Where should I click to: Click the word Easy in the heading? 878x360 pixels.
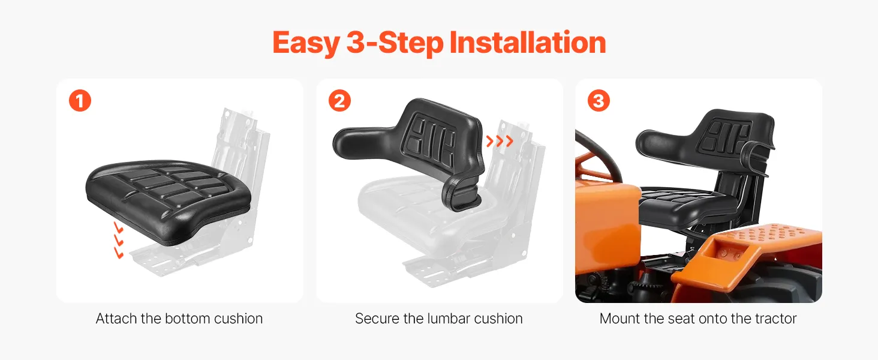tap(306, 43)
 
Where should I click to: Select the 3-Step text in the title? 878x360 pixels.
tap(395, 43)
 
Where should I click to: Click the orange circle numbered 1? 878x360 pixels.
tap(80, 101)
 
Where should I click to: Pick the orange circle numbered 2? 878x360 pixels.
tap(339, 101)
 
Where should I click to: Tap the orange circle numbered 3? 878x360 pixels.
tap(599, 101)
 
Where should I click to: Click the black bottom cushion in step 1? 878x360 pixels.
tap(169, 200)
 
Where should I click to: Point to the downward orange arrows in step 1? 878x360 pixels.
tap(118, 239)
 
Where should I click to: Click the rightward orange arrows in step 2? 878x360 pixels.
tap(500, 141)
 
